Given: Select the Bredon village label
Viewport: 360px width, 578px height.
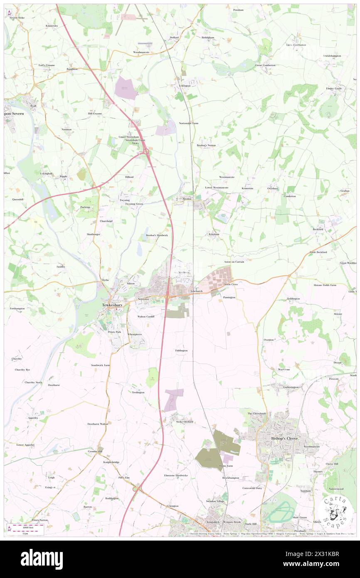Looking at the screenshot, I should (x=187, y=199).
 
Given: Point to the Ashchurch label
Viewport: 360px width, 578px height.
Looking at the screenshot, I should (x=196, y=291).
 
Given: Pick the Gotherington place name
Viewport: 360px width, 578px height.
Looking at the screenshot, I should (x=291, y=387).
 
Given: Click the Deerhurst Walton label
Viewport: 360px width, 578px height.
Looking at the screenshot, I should (x=98, y=424).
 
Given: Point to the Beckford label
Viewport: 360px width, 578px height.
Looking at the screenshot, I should (x=318, y=229).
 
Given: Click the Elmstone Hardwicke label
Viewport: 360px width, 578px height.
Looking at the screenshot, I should (x=176, y=475).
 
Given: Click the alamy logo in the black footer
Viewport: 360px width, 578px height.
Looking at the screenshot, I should (x=42, y=559).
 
